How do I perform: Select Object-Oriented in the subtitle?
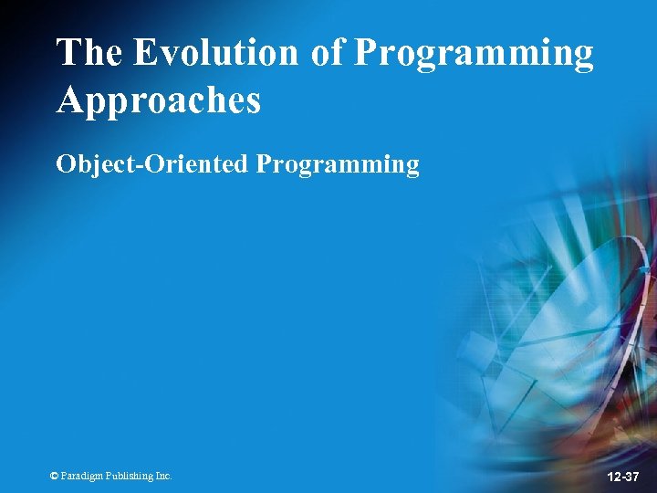point(152,164)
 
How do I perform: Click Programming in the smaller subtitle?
point(338,166)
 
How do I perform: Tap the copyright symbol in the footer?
point(55,476)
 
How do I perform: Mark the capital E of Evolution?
point(146,54)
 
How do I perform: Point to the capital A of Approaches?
point(69,100)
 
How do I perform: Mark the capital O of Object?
point(65,164)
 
